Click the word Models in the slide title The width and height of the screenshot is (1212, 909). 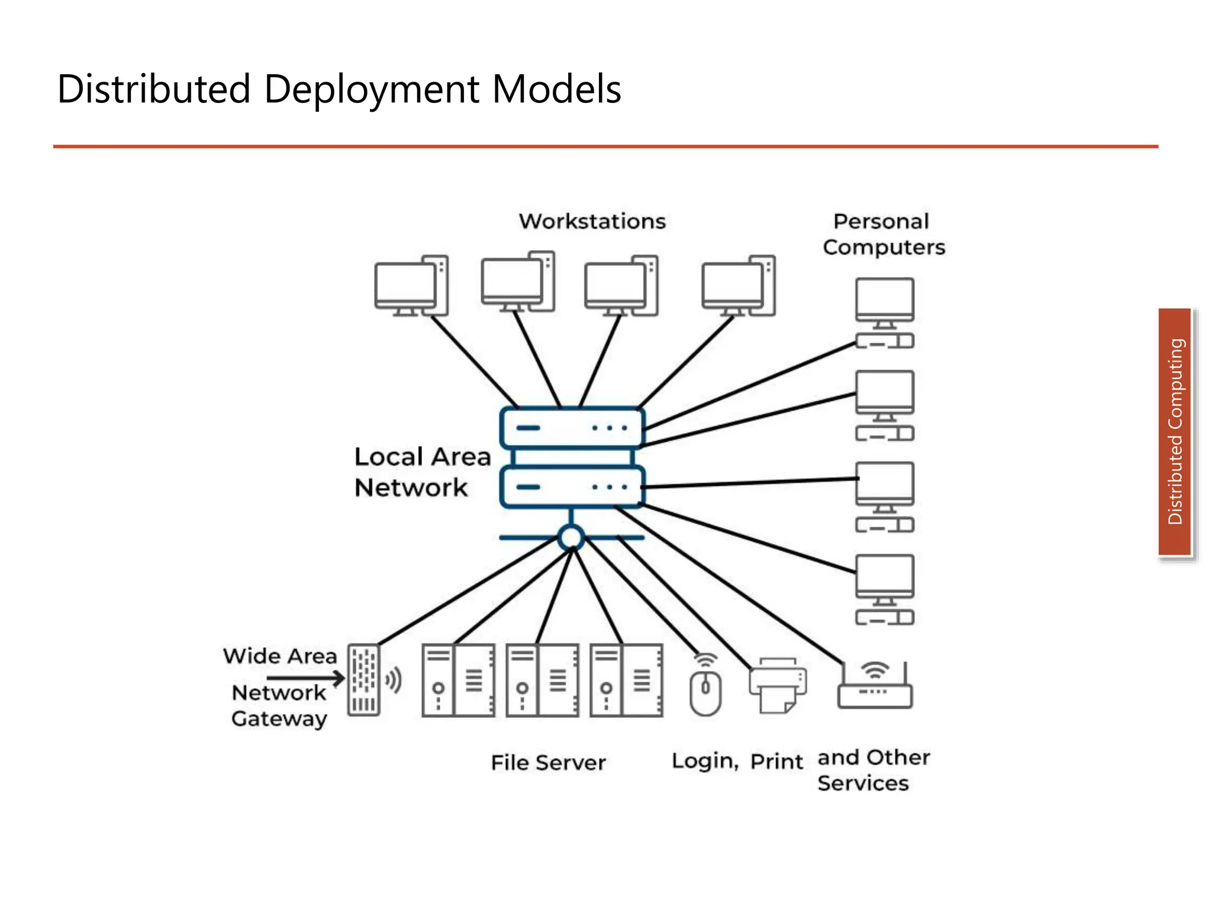coord(556,90)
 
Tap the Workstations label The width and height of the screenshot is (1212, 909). coord(592,221)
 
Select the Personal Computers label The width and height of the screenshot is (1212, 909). coord(884,234)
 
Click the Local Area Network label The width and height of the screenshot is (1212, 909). coord(423,472)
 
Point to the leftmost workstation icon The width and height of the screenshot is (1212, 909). coord(411,286)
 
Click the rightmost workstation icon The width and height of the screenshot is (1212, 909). coord(739,286)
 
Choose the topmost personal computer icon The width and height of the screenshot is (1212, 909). coord(885,312)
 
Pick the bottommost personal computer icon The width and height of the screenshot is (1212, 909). coord(885,589)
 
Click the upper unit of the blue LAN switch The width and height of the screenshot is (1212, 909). coord(572,427)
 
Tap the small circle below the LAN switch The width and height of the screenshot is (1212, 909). coord(571,537)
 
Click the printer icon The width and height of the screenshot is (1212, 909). coord(778,685)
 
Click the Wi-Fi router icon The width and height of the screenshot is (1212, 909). coord(875,686)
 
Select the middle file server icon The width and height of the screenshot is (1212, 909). coord(542,681)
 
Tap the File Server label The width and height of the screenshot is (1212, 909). coord(548,762)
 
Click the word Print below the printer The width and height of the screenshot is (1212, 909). coord(776,761)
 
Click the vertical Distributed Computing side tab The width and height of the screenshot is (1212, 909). coord(1175,432)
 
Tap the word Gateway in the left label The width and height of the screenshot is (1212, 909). coord(279,718)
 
